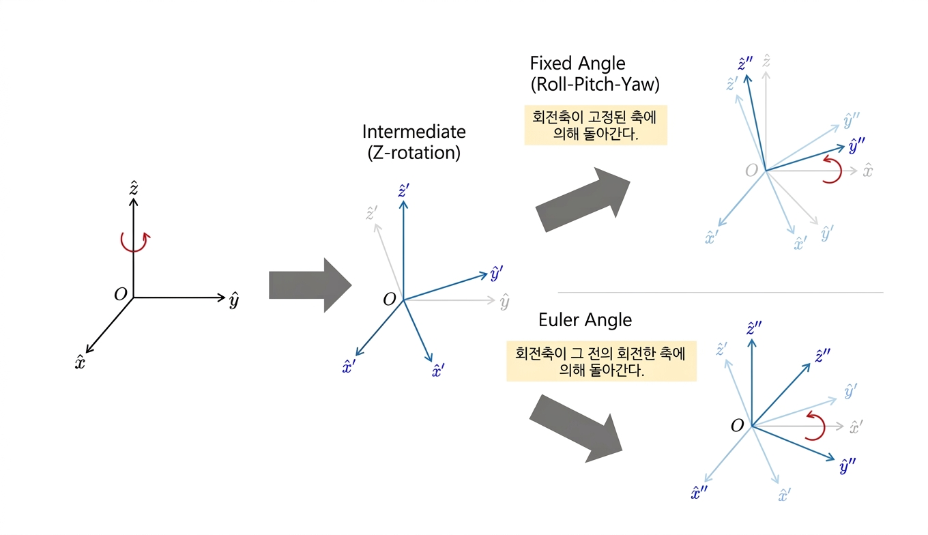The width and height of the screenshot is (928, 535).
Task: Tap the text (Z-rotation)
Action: [414, 152]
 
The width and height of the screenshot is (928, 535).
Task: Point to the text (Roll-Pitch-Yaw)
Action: [594, 85]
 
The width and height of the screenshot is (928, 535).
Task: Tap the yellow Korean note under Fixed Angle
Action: [595, 125]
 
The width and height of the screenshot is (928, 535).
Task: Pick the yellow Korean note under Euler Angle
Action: [601, 361]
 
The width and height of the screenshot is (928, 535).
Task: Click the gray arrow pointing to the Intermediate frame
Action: [309, 285]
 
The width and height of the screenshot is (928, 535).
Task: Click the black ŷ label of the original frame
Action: [233, 300]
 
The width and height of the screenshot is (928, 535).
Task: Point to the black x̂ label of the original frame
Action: [81, 362]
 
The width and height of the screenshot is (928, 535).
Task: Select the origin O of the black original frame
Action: [121, 295]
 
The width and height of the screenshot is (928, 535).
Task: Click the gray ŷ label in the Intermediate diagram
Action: [504, 302]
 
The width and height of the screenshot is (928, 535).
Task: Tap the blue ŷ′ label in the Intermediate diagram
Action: [496, 274]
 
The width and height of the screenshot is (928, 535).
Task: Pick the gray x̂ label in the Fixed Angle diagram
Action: [867, 171]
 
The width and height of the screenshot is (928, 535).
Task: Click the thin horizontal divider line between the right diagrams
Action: [720, 292]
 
